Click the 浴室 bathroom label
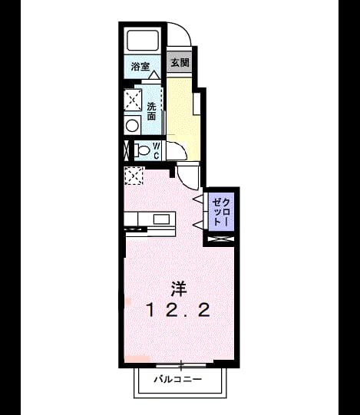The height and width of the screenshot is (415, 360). [x=140, y=67]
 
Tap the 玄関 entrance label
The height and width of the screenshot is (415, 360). [x=180, y=63]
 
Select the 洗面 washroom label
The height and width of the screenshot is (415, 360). [x=151, y=111]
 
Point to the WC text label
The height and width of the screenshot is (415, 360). [x=157, y=151]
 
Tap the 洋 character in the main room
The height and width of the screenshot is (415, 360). [x=179, y=288]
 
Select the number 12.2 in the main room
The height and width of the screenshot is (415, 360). [x=179, y=310]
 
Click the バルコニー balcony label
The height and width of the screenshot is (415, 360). [x=178, y=380]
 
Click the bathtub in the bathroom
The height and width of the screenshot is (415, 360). [x=143, y=41]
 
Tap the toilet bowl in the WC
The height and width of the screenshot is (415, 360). [x=142, y=151]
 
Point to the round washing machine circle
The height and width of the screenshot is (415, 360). [x=132, y=126]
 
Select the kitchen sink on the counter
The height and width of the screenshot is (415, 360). [x=162, y=219]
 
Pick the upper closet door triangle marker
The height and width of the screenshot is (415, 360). [x=198, y=199]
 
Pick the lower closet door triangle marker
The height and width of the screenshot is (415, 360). [x=198, y=225]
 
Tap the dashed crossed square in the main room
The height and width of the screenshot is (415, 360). [x=134, y=176]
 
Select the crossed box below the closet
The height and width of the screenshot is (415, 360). [x=220, y=239]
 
